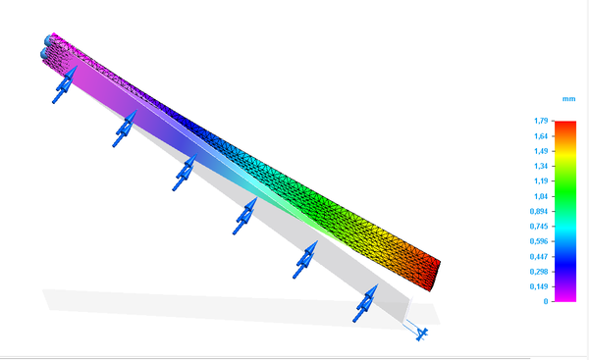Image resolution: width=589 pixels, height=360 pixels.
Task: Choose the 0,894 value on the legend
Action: (x=539, y=211)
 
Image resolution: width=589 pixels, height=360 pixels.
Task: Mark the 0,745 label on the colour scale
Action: (x=539, y=227)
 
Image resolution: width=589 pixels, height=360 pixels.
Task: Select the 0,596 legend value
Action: (x=539, y=241)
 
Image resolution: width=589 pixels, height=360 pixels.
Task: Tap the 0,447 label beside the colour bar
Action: (x=539, y=256)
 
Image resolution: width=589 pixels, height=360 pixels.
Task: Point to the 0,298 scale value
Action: (x=539, y=272)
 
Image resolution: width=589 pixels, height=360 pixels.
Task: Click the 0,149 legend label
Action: (x=539, y=286)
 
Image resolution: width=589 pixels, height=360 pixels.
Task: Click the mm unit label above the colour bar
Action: (x=567, y=99)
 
